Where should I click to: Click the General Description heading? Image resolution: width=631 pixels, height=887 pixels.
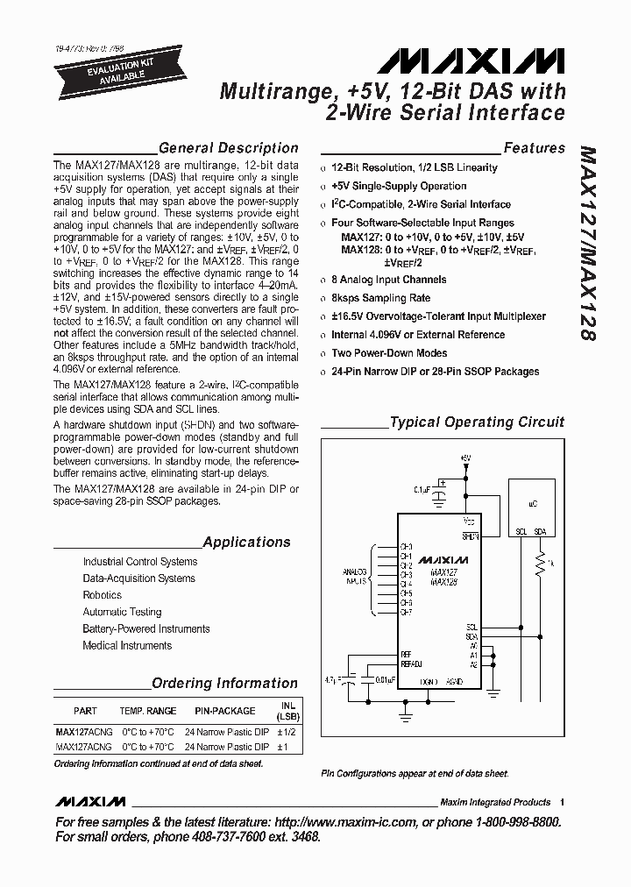click(229, 148)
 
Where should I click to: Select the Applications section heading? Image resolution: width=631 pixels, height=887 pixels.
click(246, 542)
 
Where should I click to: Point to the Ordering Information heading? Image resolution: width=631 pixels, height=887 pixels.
click(224, 683)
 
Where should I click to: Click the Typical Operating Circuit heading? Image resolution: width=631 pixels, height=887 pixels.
click(477, 422)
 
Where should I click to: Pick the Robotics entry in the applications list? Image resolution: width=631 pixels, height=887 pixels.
click(103, 595)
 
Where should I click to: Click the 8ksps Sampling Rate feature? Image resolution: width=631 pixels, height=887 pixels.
click(381, 298)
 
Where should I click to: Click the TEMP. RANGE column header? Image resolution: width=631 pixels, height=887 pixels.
click(148, 711)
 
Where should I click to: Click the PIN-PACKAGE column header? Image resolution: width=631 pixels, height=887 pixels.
click(225, 711)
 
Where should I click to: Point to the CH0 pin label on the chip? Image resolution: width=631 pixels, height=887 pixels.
click(407, 547)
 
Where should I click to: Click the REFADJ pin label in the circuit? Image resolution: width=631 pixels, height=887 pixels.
click(411, 663)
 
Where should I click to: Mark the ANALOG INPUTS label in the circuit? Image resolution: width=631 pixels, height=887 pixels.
click(355, 576)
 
